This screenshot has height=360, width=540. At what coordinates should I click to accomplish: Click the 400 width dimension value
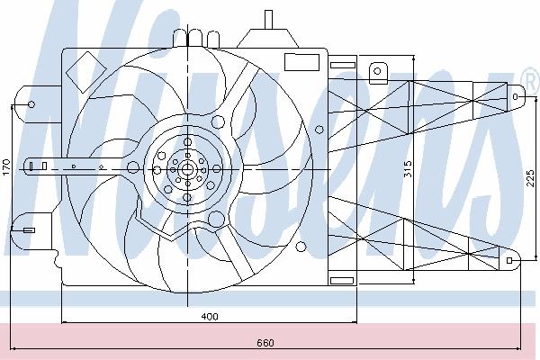(210, 316)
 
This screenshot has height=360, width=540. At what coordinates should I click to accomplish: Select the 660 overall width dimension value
(265, 343)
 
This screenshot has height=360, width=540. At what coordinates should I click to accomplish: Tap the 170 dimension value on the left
(6, 166)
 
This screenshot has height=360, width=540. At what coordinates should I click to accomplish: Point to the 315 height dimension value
(408, 169)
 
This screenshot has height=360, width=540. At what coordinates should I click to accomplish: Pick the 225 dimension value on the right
(531, 178)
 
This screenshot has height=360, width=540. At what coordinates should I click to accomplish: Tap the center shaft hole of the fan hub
(187, 169)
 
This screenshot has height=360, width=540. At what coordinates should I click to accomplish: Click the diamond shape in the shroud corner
(85, 72)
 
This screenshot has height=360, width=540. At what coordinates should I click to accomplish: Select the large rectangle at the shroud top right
(301, 62)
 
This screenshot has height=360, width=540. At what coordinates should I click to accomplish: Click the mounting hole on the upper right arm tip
(515, 97)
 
